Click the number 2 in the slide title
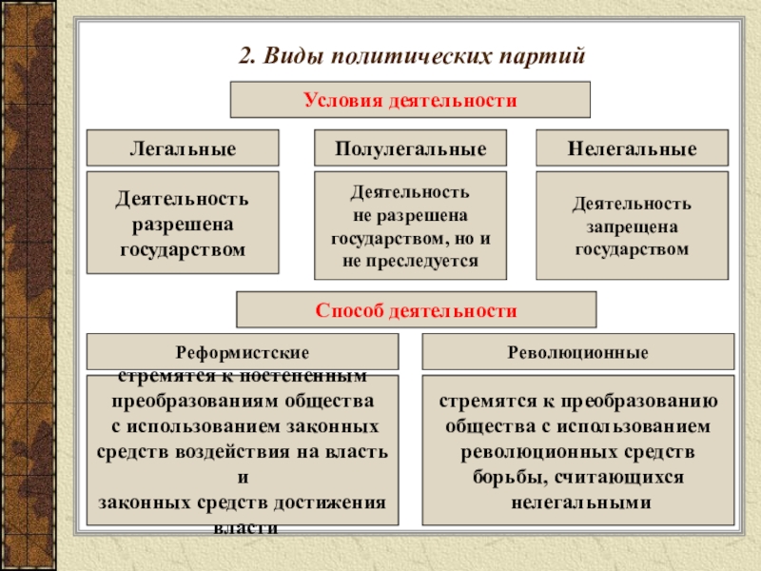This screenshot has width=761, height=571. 244,54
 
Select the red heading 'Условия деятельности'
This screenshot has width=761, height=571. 410,100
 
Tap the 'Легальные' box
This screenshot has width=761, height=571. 183,149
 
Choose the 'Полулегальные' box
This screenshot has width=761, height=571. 410,149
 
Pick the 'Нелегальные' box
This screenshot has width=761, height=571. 632,149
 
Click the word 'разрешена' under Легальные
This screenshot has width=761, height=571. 183,226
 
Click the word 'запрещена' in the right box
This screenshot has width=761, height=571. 632,227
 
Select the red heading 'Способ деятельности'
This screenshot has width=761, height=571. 416,310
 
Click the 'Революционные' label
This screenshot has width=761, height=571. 577,352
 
